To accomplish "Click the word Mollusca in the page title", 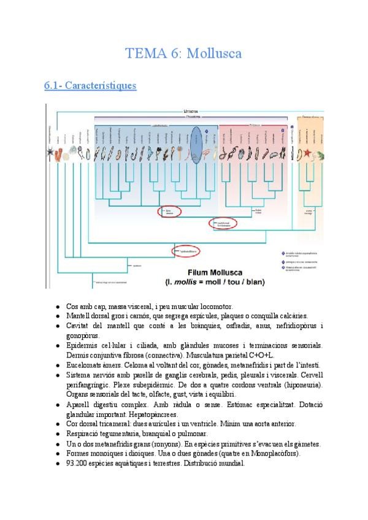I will tap(213, 53).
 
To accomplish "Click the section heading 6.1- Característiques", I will tap(90, 86).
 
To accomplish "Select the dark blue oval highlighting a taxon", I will tap(197, 145).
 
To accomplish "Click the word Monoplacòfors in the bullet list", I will tap(276, 454).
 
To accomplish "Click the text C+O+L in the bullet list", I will tap(262, 355).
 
